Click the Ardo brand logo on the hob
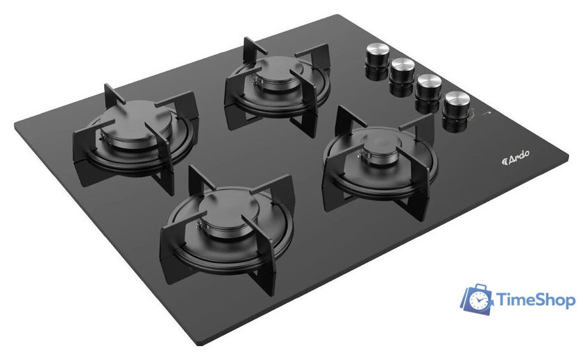(516, 158)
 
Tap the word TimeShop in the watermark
(536, 300)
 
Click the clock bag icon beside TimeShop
(477, 299)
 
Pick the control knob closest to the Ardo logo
(456, 111)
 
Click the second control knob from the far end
(402, 76)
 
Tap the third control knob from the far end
(428, 92)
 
